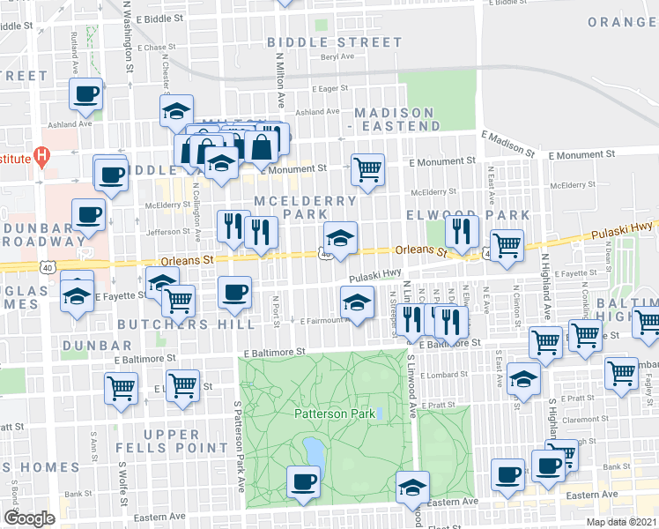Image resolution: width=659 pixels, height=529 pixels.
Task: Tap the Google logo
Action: pyautogui.click(x=29, y=518)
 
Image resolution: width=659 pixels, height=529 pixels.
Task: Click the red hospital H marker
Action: pyautogui.click(x=41, y=159)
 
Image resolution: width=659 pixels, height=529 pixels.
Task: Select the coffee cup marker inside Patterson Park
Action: pyautogui.click(x=304, y=481)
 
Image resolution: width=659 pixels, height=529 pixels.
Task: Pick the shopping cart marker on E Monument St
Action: pyautogui.click(x=367, y=168)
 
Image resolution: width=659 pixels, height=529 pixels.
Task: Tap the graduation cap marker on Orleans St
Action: pyautogui.click(x=340, y=236)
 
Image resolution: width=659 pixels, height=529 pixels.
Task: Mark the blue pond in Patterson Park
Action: pyautogui.click(x=312, y=452)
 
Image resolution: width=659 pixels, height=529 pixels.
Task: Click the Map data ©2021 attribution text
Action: pyautogui.click(x=620, y=522)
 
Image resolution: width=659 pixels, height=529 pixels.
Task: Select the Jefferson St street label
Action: pyautogui.click(x=167, y=232)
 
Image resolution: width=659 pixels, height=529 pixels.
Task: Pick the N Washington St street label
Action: pyautogui.click(x=129, y=35)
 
